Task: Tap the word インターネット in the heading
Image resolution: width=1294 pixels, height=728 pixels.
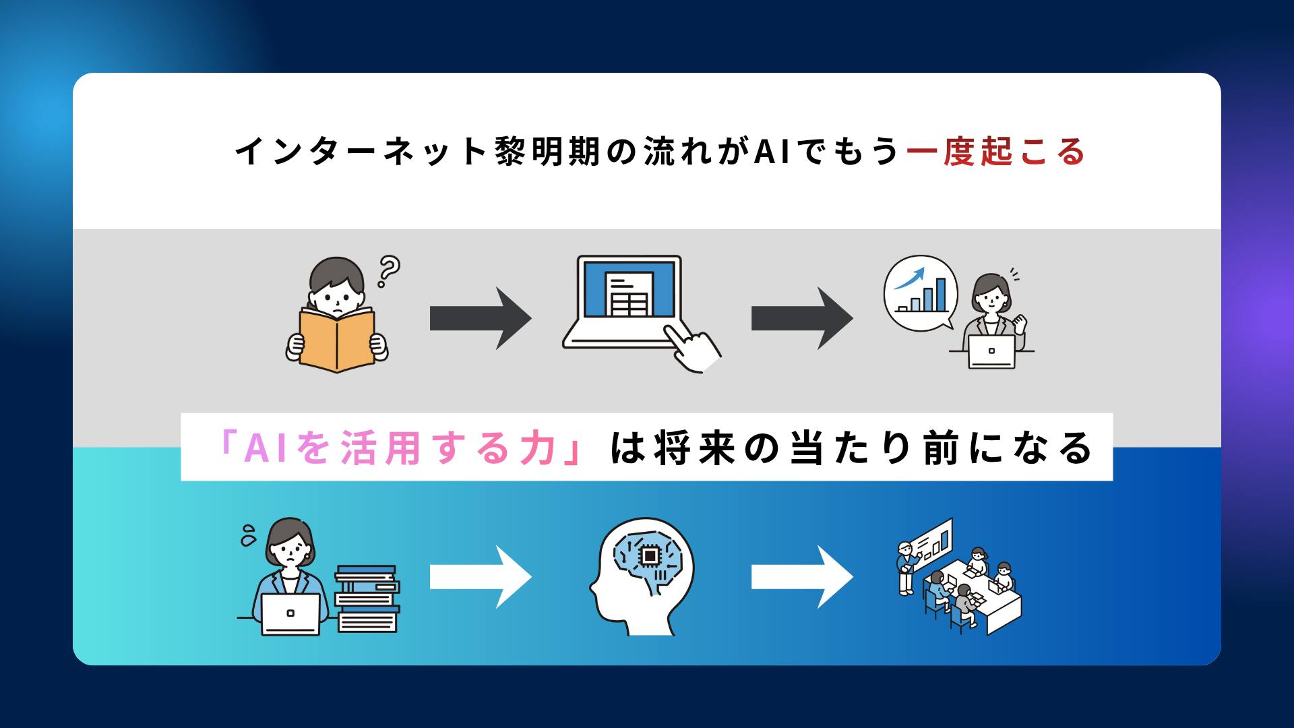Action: click(361, 151)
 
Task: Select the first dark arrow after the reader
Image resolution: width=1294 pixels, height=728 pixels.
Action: click(480, 318)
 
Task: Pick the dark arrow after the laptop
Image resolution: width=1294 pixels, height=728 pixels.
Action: click(801, 318)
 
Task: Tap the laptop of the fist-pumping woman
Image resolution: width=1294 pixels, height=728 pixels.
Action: click(991, 351)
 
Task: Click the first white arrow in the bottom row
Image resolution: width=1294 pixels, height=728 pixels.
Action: click(480, 577)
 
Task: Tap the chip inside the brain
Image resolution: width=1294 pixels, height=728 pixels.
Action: click(649, 555)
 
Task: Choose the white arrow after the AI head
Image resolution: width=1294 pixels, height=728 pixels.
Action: click(801, 577)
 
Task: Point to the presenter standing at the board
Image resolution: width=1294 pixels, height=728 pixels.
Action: click(906, 570)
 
